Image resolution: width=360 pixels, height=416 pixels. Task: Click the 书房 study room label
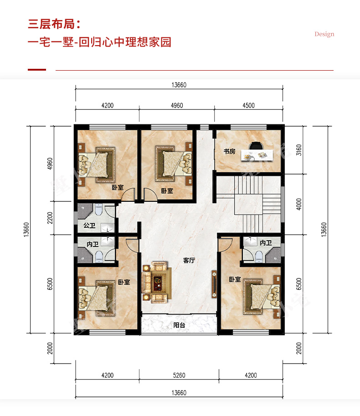click(x=229, y=151)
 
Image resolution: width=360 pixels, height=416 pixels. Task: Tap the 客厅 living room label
click(x=189, y=260)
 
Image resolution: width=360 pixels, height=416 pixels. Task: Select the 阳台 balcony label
click(x=179, y=325)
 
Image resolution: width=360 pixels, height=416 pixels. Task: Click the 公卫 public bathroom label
click(x=89, y=226)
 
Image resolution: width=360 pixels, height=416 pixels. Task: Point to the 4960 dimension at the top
click(x=177, y=106)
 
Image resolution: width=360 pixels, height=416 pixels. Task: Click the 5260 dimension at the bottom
click(x=179, y=375)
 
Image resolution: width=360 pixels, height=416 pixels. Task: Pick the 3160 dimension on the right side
click(x=299, y=150)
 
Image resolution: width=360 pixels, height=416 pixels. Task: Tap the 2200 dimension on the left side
click(x=50, y=218)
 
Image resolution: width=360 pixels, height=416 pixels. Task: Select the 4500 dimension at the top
click(x=248, y=106)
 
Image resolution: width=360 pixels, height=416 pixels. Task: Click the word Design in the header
click(x=324, y=34)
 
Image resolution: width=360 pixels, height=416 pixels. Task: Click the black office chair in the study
click(x=256, y=146)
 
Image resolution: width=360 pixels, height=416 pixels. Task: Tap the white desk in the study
click(x=257, y=155)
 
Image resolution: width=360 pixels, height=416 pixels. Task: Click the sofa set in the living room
click(x=156, y=282)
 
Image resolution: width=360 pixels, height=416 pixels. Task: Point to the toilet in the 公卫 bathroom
click(x=98, y=209)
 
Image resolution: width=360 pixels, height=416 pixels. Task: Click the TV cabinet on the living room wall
click(x=214, y=284)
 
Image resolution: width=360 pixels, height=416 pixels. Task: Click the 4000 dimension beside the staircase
click(x=299, y=204)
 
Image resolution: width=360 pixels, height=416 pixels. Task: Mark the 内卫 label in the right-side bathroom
click(x=266, y=243)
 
